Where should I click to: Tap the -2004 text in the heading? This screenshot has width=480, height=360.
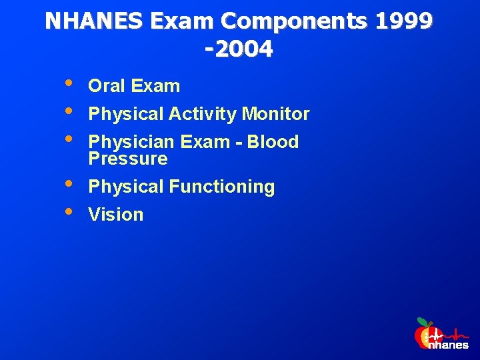pos(239,49)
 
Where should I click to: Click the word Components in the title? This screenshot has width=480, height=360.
pos(294,22)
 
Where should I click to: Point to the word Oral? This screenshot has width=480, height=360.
pos(108,86)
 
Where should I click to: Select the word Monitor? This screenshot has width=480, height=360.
pos(275,114)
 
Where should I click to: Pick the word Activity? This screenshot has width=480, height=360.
pos(203,114)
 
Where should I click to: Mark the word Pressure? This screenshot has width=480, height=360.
pos(128,159)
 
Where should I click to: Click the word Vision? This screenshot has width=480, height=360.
pos(116,215)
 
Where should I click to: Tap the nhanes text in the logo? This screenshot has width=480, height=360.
pos(449,345)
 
